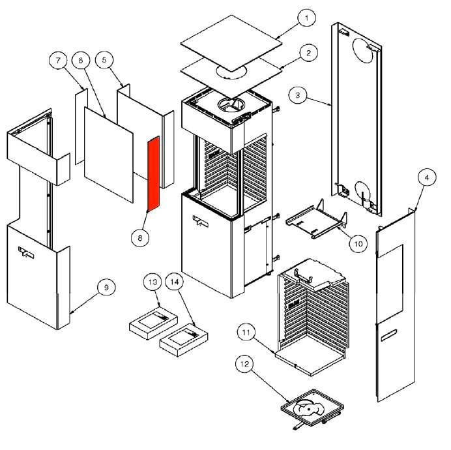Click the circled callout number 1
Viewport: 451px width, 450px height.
[305, 20]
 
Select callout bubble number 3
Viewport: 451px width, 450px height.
[298, 95]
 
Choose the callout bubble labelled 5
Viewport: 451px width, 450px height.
[103, 60]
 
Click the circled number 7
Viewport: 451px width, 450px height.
[58, 61]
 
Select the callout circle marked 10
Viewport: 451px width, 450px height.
[357, 244]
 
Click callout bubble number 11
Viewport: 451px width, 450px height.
[245, 333]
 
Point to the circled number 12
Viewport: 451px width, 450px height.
[245, 367]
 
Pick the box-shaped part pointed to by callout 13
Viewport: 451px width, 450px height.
[152, 321]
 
